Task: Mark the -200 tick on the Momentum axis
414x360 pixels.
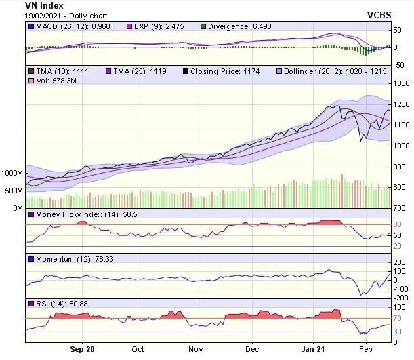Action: tap(400, 298)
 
